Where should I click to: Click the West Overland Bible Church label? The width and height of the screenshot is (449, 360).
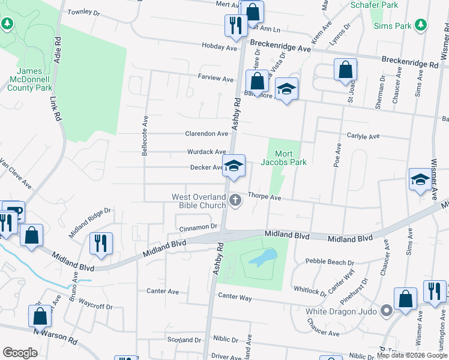(199, 201)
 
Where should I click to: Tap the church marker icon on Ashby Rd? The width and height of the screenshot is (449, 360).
(236, 200)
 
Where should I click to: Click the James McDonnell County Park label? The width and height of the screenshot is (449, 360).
(30, 79)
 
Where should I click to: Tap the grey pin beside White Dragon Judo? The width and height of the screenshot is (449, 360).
(387, 311)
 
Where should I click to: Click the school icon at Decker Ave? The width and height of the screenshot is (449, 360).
(234, 166)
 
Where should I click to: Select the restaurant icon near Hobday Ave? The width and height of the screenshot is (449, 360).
(234, 25)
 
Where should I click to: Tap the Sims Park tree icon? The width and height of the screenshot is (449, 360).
(421, 25)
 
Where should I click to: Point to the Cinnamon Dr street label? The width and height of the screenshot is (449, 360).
(197, 227)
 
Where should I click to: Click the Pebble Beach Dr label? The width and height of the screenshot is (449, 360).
(330, 262)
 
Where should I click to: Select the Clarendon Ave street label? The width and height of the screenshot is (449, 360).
(206, 134)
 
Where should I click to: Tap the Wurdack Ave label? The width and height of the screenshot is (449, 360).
(206, 152)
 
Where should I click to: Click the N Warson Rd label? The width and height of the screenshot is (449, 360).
(55, 336)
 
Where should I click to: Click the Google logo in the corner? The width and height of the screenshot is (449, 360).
(20, 353)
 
